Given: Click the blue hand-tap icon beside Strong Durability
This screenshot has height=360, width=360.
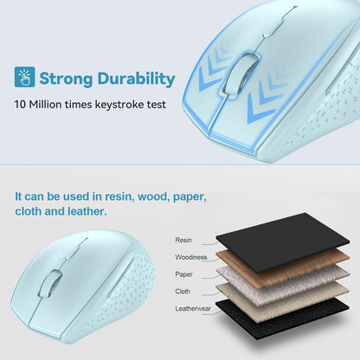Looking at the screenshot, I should point(24,78).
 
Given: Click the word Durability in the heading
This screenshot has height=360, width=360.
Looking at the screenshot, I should point(134,79).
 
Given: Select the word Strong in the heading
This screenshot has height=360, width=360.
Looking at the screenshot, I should point(67,79).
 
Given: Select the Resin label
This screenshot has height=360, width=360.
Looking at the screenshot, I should point(183,240).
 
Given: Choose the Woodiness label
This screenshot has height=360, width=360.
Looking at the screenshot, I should point(190,256).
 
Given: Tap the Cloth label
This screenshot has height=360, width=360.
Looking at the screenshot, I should point(183,291).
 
